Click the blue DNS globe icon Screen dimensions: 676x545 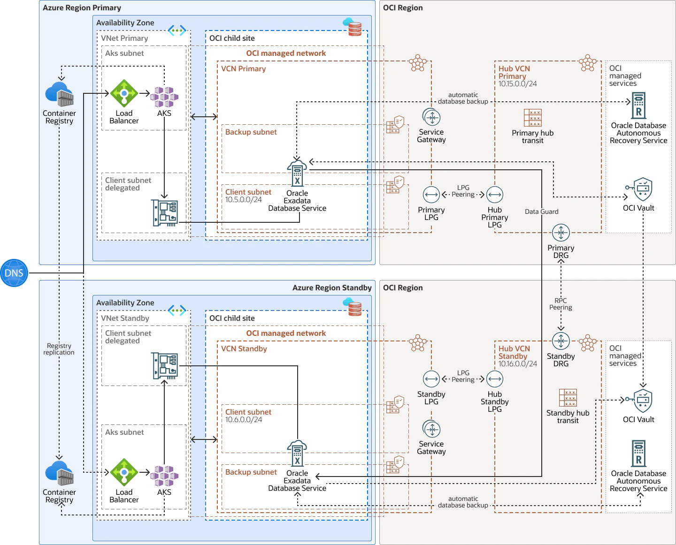[14, 273]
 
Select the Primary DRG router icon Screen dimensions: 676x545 [561, 233]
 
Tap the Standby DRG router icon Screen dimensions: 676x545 [561, 341]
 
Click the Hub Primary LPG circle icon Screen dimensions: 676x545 [494, 195]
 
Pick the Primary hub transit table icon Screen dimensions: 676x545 [533, 118]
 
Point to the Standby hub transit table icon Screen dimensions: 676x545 [568, 398]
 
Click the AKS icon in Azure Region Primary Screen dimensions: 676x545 [164, 97]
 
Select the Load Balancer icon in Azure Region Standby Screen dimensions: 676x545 [124, 472]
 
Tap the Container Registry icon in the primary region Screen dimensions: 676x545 [59, 94]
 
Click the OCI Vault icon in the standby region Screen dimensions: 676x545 [639, 401]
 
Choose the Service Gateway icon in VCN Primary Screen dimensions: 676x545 [431, 117]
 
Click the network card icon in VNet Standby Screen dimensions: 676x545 [165, 366]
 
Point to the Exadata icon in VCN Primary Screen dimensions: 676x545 [297, 173]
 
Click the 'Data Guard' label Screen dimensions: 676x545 [542, 212]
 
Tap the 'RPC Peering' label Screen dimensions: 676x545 [561, 304]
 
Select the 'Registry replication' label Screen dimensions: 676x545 [59, 349]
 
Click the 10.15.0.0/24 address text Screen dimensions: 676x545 [517, 83]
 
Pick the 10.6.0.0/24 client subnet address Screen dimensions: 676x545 [244, 419]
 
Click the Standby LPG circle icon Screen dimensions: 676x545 [431, 379]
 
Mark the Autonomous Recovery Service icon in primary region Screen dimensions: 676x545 [638, 106]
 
